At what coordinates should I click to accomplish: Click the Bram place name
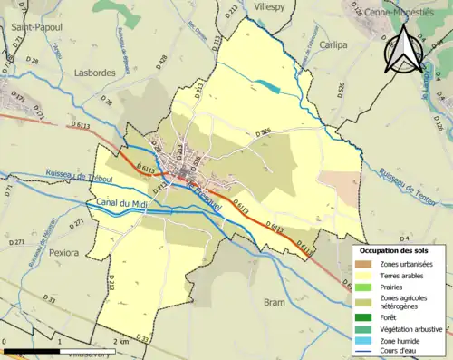click(x=275, y=302)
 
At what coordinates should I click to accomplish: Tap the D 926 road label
click(x=264, y=132)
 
